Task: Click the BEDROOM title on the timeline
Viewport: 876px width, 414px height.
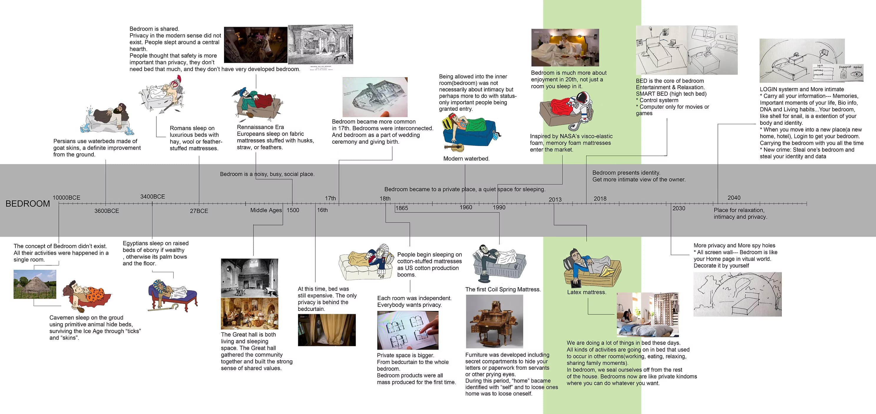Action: coord(28,203)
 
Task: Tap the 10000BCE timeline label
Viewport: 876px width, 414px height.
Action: coord(66,198)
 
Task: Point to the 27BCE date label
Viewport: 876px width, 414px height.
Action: coord(199,211)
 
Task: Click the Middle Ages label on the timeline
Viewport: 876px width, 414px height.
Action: coord(266,210)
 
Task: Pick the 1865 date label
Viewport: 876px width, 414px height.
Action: coord(402,208)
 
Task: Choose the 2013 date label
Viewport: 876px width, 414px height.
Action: coord(555,199)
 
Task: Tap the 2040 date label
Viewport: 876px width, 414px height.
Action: coord(734,198)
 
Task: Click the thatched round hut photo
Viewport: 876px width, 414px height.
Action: coord(35,284)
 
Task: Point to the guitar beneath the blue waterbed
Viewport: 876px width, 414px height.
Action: coord(454,148)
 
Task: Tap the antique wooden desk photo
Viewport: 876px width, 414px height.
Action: coord(494,321)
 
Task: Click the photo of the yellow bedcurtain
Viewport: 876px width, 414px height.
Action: coord(327,330)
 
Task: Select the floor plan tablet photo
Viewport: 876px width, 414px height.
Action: coord(408,330)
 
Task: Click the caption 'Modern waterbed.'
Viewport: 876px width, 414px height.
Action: coord(466,158)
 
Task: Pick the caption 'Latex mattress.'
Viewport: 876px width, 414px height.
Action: coord(587,292)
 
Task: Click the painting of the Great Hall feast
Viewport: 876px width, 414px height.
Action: coord(249,313)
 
